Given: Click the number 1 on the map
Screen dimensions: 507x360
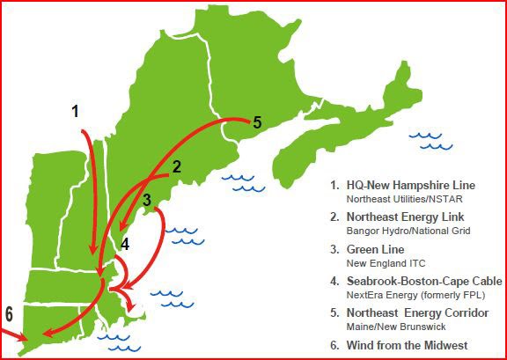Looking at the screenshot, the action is pyautogui.click(x=76, y=111).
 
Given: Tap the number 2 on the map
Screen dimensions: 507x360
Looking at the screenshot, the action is pyautogui.click(x=176, y=166).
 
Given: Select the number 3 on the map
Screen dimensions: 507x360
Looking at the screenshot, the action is pyautogui.click(x=147, y=200).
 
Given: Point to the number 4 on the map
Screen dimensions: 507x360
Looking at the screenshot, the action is pyautogui.click(x=125, y=244).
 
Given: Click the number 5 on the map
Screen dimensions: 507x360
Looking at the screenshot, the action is pyautogui.click(x=257, y=122).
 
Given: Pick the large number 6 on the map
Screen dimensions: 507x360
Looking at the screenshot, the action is pyautogui.click(x=9, y=314).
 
